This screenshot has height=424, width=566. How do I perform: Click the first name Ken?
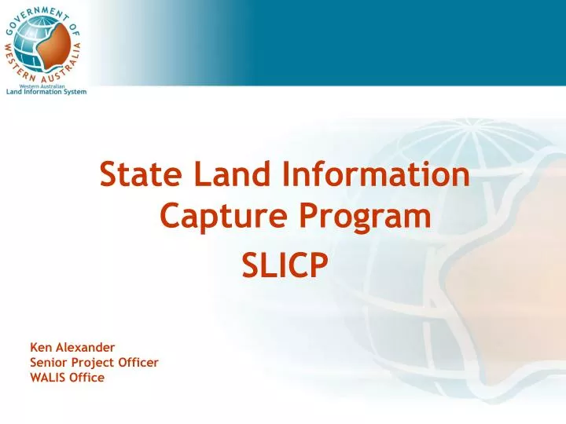[40, 346]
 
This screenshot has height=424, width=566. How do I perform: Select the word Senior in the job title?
[48, 362]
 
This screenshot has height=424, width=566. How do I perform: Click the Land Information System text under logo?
[46, 92]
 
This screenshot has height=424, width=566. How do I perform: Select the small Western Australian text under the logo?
[47, 86]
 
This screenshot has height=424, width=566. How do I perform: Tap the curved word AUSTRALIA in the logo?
[79, 63]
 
